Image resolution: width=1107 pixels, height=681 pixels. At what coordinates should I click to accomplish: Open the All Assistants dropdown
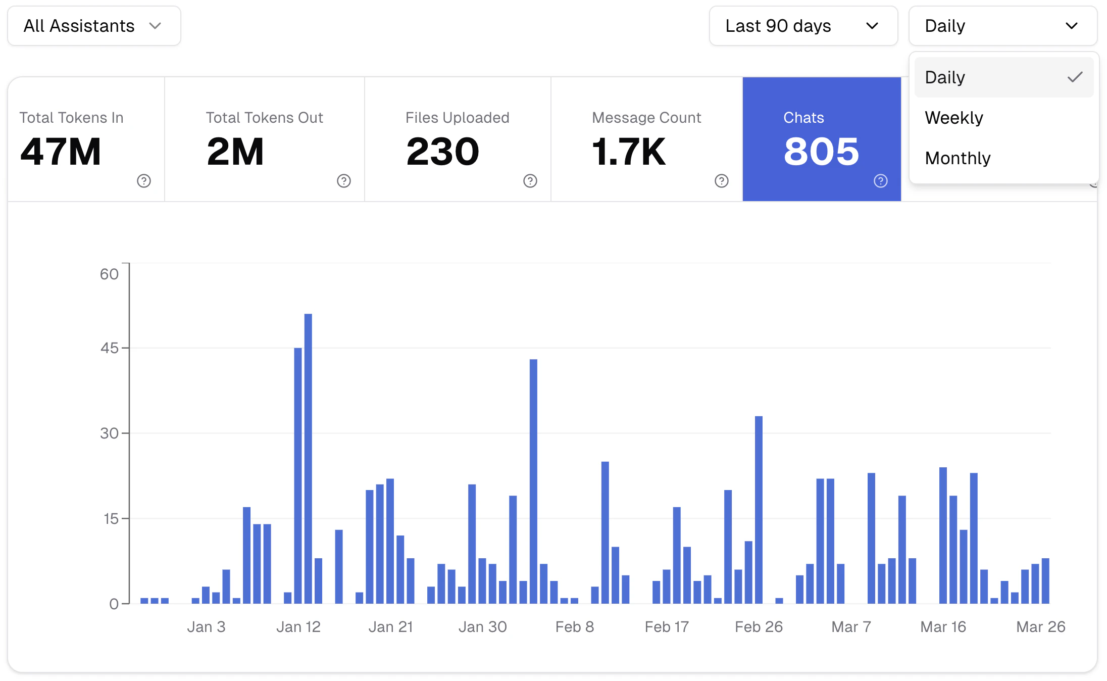94,26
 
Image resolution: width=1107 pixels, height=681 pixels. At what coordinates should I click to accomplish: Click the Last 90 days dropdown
803,26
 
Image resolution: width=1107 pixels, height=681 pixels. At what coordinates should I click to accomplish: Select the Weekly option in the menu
954,118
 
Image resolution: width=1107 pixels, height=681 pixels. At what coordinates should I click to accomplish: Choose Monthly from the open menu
958,158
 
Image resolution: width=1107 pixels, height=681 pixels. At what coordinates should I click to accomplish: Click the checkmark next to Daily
1075,77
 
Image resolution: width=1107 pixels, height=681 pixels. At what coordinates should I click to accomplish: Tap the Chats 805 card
822,139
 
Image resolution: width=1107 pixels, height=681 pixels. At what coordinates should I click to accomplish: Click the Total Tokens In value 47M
61,152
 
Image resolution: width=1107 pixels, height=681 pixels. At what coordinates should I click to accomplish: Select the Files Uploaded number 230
443,152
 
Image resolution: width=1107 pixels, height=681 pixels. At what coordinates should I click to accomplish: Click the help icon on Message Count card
722,181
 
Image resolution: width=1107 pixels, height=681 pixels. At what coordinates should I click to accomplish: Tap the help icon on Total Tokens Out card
344,181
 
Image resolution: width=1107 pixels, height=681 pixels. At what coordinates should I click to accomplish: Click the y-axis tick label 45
110,348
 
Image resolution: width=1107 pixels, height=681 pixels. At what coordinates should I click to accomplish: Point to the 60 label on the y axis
109,274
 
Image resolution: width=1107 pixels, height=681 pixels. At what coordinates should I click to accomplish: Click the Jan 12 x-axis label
298,627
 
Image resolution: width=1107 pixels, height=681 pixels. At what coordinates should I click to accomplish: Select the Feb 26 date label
759,627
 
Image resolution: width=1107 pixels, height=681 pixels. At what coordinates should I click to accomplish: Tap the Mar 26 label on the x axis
1040,627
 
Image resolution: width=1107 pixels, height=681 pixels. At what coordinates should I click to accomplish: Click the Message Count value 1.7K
629,152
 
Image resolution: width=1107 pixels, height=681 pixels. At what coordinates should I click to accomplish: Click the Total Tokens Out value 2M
235,152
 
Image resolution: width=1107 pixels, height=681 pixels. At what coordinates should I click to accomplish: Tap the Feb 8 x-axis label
575,627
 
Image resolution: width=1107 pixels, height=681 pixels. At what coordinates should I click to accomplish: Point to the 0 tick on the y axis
114,604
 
